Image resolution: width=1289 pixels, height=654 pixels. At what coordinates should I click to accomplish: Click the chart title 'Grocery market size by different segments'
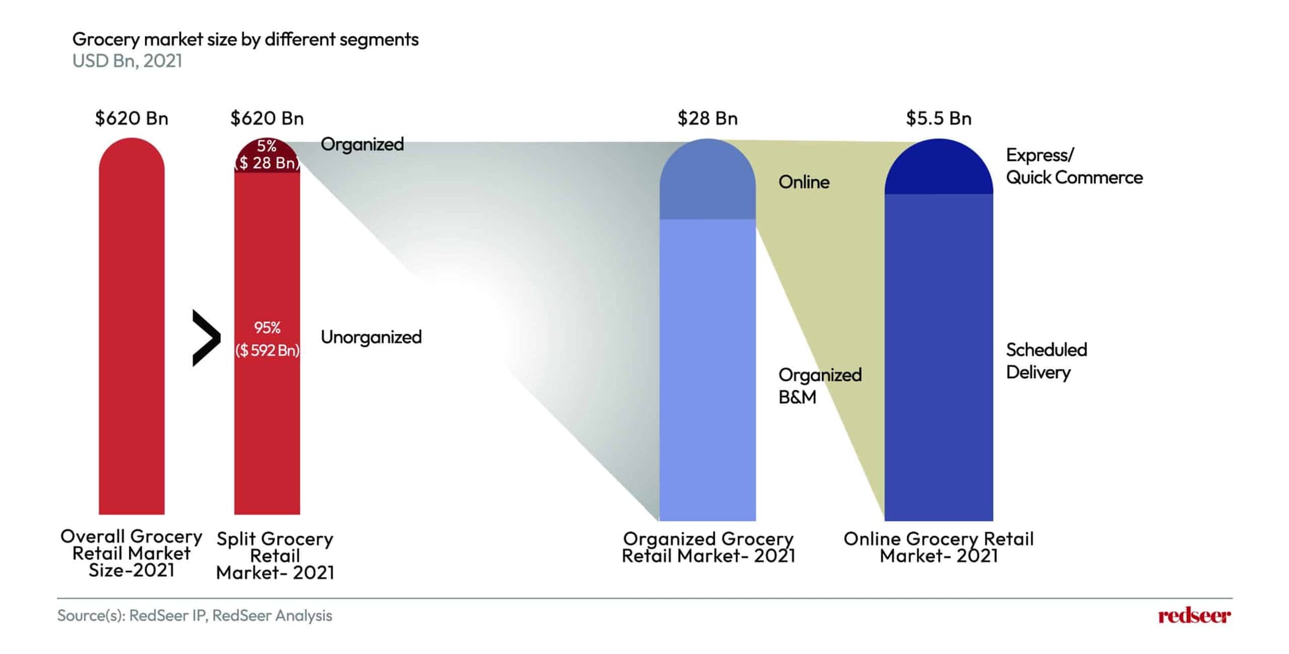245,40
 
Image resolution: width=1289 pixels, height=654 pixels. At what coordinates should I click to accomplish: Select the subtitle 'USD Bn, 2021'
127,61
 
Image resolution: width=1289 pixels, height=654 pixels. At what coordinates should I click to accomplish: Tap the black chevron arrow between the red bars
206,338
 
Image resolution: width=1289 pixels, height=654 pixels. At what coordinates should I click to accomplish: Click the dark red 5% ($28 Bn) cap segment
267,156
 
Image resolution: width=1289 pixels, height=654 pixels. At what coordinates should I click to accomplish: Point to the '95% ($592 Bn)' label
267,339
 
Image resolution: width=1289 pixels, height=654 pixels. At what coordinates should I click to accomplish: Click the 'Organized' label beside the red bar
362,144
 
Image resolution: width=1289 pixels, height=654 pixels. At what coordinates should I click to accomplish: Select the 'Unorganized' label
371,337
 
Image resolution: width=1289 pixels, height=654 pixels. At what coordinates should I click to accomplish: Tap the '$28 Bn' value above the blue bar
707,119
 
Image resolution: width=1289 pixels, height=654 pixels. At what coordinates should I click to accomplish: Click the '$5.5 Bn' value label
938,119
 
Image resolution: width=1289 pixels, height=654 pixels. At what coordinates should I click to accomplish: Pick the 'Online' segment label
804,182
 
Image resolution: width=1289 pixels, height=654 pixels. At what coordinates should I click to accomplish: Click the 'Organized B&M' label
819,386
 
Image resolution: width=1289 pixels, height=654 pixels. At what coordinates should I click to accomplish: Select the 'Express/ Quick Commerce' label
1073,166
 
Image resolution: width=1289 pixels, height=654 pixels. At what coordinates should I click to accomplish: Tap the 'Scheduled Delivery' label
1046,361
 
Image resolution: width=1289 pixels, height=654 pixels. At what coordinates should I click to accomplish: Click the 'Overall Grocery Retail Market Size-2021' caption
132,553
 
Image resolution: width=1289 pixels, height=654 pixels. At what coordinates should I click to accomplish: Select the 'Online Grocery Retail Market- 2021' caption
938,547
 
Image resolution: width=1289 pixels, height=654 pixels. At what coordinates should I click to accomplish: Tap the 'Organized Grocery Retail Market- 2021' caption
708,547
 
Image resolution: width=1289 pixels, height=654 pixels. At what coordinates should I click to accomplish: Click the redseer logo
1194,616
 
